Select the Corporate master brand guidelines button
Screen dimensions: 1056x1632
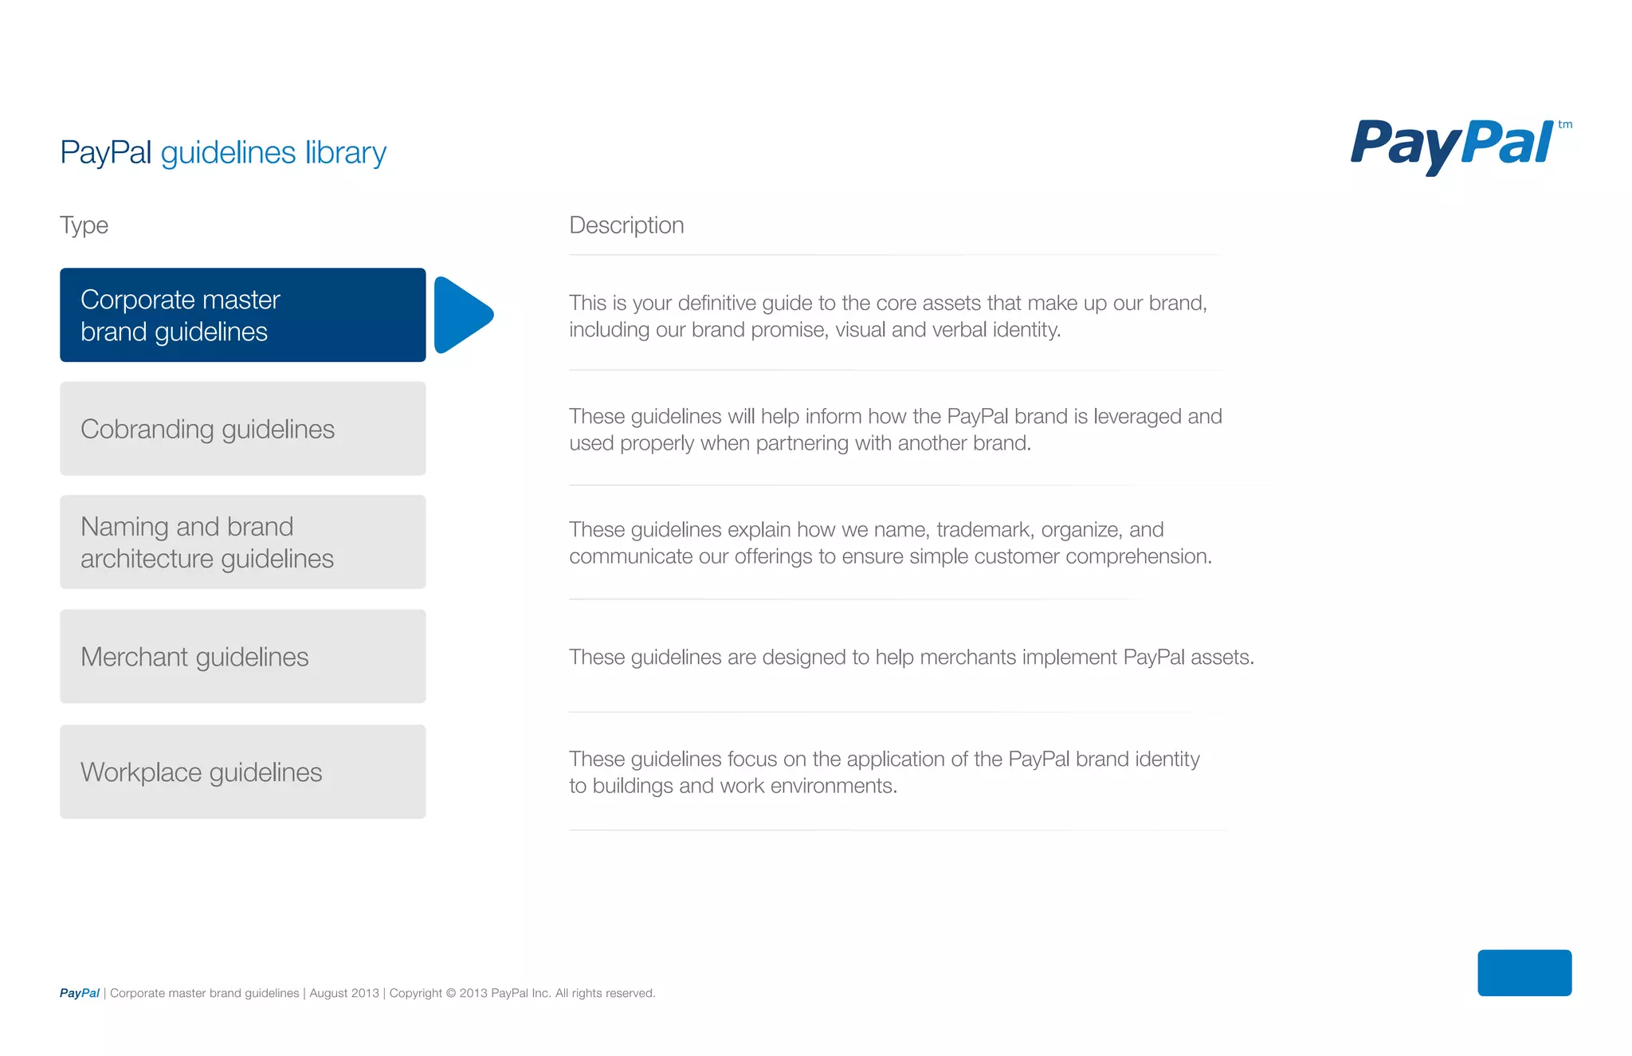tap(242, 315)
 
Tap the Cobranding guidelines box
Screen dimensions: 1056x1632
tap(242, 429)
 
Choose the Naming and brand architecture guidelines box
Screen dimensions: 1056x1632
tap(242, 542)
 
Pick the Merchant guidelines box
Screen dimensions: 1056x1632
tap(242, 657)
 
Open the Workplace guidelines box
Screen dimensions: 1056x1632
tap(242, 771)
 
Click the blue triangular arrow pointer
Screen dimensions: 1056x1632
tap(462, 315)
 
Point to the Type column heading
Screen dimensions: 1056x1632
tap(84, 226)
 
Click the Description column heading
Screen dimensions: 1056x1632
tap(626, 226)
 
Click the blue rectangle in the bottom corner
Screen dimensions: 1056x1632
tap(1524, 972)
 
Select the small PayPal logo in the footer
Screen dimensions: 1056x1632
tap(79, 993)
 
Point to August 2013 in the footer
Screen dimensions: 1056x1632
tap(344, 993)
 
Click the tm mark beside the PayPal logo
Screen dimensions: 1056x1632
tap(1565, 124)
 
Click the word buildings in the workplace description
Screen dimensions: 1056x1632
tap(633, 786)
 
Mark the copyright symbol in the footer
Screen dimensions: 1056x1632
tap(450, 993)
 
